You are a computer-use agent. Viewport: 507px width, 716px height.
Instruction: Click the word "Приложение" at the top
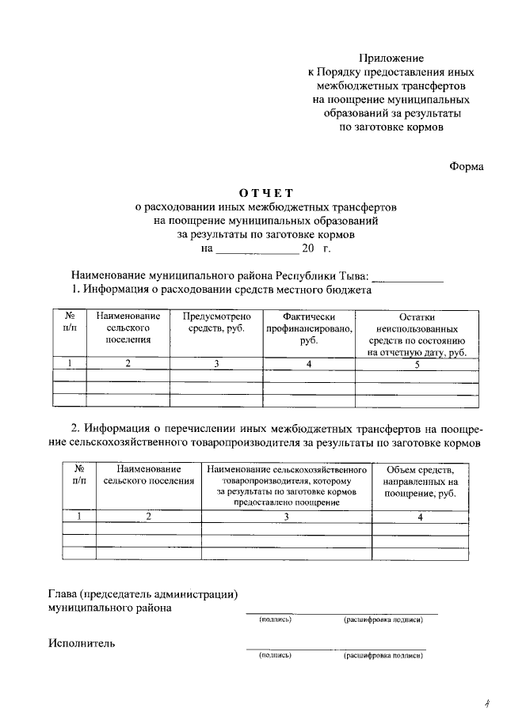391,58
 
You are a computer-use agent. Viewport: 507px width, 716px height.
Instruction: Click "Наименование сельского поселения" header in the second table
148,475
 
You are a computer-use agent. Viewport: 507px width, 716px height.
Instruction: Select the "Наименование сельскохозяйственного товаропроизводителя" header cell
287,487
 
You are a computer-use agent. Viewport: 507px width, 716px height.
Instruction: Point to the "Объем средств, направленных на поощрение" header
420,481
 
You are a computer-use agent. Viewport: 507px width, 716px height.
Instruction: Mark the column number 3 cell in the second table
287,517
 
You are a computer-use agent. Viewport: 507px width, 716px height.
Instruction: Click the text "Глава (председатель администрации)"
143,594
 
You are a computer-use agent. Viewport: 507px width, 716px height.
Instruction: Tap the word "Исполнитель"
82,643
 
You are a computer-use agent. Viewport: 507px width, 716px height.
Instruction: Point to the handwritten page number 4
488,702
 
